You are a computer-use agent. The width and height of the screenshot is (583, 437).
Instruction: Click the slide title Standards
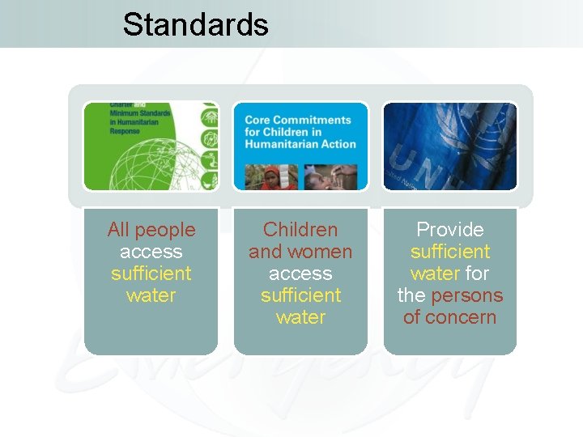195,24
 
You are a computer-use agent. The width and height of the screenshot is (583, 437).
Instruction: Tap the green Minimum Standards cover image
151,146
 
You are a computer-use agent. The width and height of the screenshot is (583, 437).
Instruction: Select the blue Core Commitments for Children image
300,146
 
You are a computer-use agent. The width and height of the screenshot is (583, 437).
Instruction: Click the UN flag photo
449,146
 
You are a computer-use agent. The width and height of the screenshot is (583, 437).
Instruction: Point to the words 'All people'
151,230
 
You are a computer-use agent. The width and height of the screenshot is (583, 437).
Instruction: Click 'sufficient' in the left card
151,274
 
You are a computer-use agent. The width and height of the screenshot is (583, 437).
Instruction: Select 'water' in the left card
151,295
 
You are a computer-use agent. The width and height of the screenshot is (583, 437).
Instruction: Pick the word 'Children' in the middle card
300,230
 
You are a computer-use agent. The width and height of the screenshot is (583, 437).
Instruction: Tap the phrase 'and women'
300,252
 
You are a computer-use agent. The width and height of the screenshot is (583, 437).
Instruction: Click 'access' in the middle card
300,274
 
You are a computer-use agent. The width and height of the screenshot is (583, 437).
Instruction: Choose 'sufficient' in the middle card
300,295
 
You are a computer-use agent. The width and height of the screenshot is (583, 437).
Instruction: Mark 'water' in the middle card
300,317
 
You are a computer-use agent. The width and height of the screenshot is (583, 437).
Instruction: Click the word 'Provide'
449,230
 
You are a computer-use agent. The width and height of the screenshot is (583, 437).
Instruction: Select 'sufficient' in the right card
449,252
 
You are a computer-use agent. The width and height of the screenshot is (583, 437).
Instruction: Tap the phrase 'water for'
449,274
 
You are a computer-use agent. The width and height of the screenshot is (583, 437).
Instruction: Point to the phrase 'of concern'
449,317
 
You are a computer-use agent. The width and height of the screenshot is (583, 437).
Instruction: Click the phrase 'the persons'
449,295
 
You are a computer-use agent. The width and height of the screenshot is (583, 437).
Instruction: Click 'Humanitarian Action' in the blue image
300,144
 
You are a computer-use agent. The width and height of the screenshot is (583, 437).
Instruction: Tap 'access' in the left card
151,252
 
